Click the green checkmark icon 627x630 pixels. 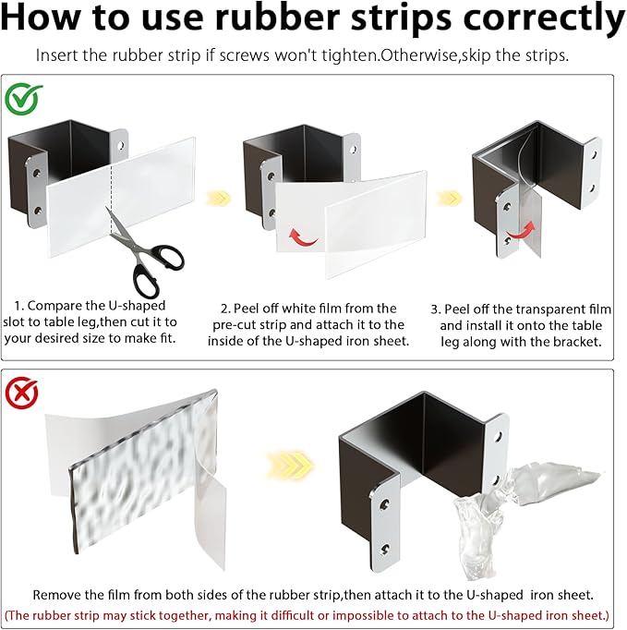(22, 98)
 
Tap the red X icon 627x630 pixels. (21, 393)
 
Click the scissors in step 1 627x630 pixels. (144, 252)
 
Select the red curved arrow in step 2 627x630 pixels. (303, 237)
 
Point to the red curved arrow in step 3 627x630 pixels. (522, 230)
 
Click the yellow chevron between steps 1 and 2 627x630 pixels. (219, 198)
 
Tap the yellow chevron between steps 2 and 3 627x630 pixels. (450, 198)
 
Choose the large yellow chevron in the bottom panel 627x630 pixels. (290, 466)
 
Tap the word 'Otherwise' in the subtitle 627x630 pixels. (418, 55)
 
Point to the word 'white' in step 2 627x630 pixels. (298, 309)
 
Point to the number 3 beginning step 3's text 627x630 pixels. (436, 309)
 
